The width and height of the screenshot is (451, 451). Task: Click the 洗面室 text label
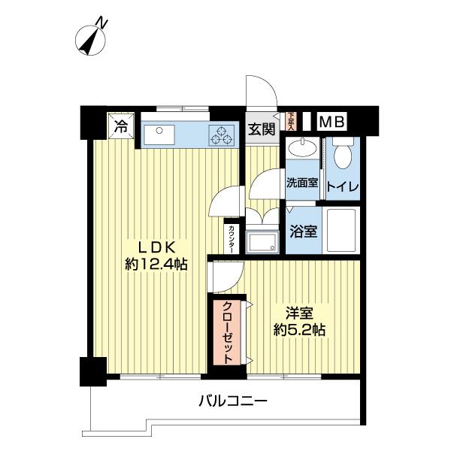click(x=301, y=182)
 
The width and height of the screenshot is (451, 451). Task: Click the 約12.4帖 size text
click(x=156, y=265)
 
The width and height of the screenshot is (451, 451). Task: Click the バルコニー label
click(x=233, y=402)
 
